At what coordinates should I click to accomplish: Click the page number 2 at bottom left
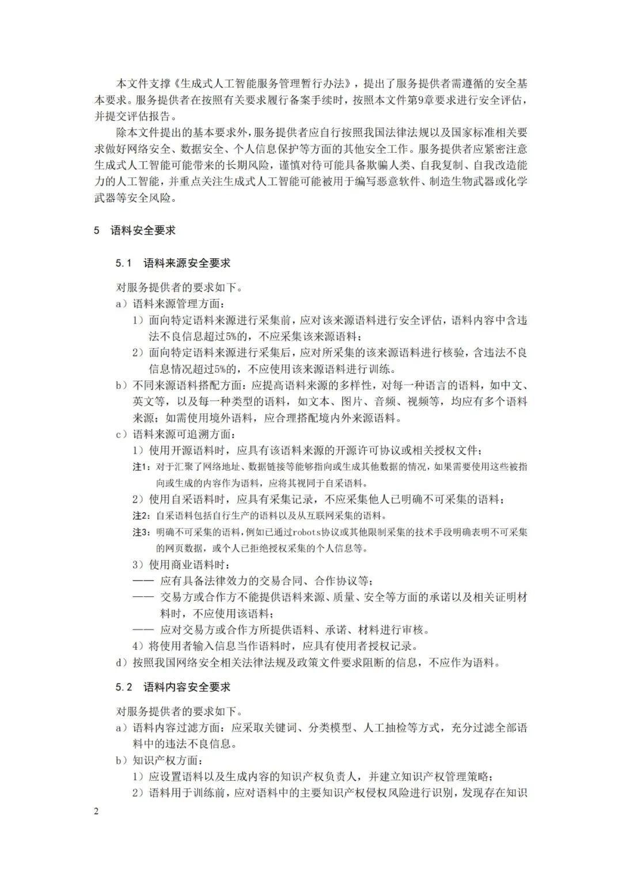tap(96, 811)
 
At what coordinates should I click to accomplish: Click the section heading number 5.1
tap(124, 263)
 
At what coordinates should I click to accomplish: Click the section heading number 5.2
tap(124, 687)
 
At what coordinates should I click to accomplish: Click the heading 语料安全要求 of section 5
tap(143, 231)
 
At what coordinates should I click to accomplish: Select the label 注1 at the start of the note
tap(141, 467)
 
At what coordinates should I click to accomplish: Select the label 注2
tap(141, 515)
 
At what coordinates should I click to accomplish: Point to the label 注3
tap(141, 532)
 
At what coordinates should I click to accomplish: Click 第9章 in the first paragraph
tap(415, 100)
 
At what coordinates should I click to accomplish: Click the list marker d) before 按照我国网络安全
tap(122, 663)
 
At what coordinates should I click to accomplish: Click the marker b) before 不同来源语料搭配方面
tap(122, 386)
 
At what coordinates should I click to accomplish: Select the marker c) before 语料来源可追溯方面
tap(122, 434)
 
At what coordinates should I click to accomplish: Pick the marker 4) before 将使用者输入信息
tap(138, 646)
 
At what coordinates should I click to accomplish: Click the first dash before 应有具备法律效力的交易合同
tap(143, 581)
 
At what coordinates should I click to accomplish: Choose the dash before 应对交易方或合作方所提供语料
tap(143, 630)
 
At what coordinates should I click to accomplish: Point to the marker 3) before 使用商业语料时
tap(138, 565)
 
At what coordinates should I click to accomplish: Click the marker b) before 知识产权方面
tap(122, 760)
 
